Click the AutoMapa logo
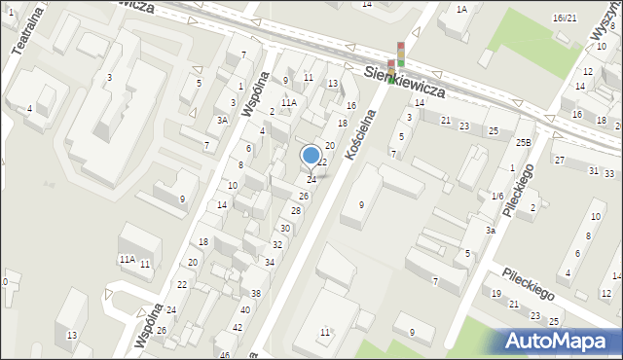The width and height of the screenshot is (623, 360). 558,341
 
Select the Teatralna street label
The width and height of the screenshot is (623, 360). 20,29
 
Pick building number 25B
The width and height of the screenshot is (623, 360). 524,143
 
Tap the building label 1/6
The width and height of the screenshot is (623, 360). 497,197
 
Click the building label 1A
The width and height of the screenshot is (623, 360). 461,10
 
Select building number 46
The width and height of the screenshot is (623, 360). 224,355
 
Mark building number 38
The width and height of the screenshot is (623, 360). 256,294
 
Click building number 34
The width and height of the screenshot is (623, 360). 270,263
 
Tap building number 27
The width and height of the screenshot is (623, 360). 559,160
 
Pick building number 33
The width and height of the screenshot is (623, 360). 608,173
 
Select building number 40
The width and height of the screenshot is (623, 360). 245,310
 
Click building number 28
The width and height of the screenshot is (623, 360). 295,211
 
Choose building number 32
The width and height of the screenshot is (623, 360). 277,245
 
